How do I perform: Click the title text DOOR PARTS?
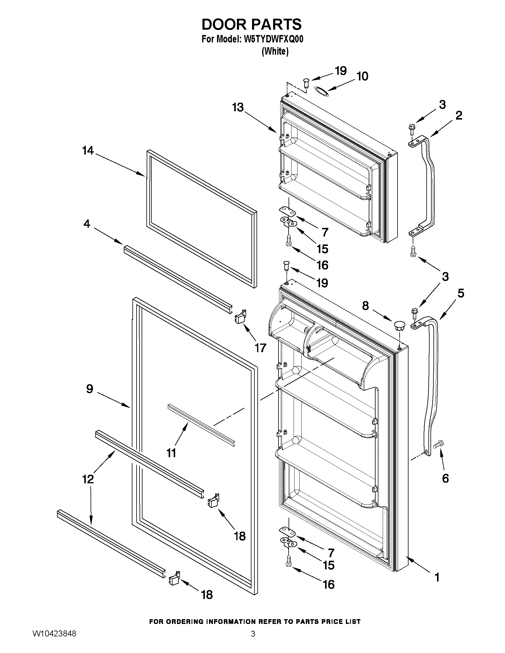click(251, 25)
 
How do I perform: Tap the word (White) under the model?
click(275, 51)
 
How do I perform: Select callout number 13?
click(238, 107)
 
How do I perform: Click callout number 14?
click(88, 151)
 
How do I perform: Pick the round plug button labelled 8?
click(399, 325)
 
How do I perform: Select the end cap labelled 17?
click(240, 316)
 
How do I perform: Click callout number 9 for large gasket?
click(90, 389)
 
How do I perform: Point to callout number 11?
click(171, 453)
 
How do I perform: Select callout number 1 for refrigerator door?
click(437, 577)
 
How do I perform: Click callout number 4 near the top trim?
click(87, 224)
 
